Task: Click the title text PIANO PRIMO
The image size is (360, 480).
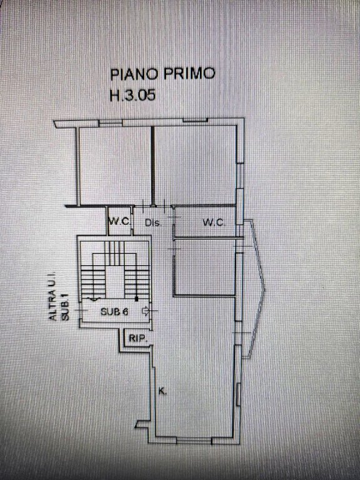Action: point(162,74)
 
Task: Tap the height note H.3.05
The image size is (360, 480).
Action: point(132,95)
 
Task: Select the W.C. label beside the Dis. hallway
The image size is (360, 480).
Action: point(120,221)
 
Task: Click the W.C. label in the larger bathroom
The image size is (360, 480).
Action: point(214,222)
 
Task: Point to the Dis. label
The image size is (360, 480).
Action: point(152,223)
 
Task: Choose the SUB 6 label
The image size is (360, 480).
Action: point(114,312)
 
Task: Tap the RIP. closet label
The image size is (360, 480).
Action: point(138,339)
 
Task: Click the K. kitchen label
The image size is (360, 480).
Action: point(162,391)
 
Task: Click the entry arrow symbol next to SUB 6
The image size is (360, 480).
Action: point(145,311)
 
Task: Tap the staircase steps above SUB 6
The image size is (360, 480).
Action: point(115,269)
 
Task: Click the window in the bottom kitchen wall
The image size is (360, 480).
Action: point(194,441)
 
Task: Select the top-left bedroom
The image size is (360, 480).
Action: point(116,166)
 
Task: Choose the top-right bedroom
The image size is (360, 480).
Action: point(195,165)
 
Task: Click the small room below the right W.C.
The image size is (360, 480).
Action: point(204,267)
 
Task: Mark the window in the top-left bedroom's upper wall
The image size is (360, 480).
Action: point(111,123)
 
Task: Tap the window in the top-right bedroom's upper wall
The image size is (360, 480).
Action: point(195,120)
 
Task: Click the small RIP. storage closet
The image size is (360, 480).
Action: point(137,338)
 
